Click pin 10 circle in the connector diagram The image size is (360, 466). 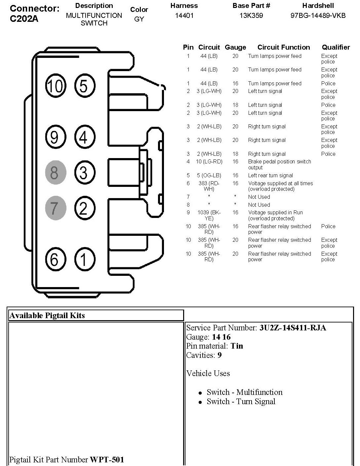[x=56, y=86]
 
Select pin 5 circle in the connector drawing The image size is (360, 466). [x=84, y=86]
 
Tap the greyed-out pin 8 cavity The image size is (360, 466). [x=56, y=172]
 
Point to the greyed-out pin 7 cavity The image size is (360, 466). [x=56, y=208]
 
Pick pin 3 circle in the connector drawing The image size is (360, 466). [x=84, y=172]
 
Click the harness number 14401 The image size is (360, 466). [x=184, y=15]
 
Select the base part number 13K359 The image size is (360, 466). [x=251, y=15]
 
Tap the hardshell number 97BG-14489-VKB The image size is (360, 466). [x=318, y=15]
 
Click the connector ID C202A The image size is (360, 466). [x=24, y=19]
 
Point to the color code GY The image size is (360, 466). [x=139, y=19]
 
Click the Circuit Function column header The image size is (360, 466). [x=284, y=47]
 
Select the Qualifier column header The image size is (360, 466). [x=336, y=47]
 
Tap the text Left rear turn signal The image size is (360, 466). [x=270, y=176]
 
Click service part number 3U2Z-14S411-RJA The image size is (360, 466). [x=293, y=328]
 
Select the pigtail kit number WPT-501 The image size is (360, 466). [x=107, y=460]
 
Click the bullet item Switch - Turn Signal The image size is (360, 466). [x=241, y=402]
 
